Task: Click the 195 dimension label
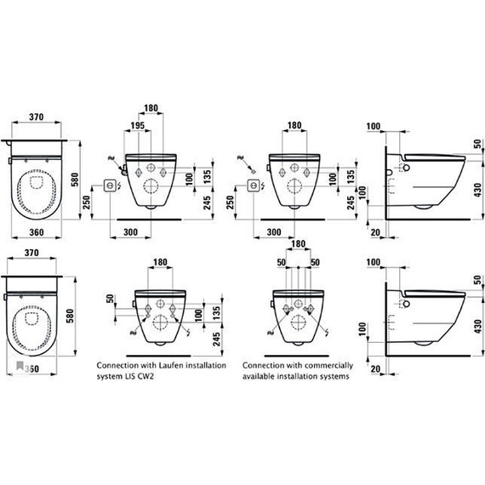[137, 125]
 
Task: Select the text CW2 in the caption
[147, 376]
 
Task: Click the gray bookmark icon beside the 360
[20, 366]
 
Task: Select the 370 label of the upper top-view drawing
[37, 117]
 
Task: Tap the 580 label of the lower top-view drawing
[71, 317]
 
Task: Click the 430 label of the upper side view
[478, 190]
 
